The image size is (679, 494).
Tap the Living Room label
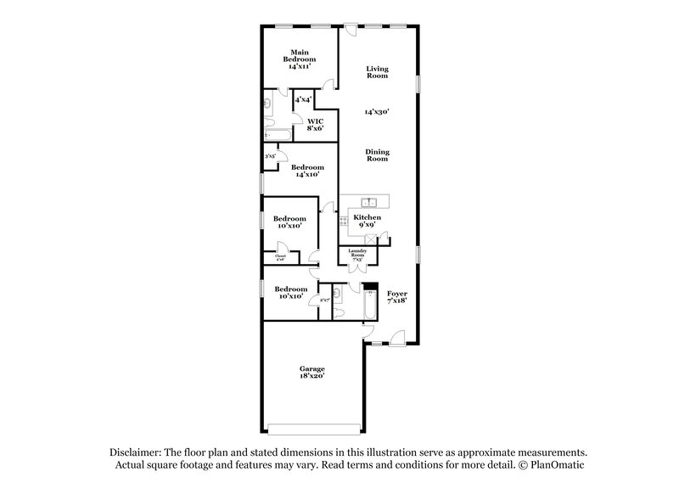pyautogui.click(x=377, y=72)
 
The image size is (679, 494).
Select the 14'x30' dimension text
pyautogui.click(x=377, y=111)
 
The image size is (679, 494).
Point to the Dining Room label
pyautogui.click(x=377, y=155)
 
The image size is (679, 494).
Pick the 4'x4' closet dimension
pyautogui.click(x=303, y=100)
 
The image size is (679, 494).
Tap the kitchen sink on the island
pyautogui.click(x=369, y=202)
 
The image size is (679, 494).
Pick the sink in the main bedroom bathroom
pyautogui.click(x=267, y=104)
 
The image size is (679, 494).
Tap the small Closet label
pyautogui.click(x=279, y=257)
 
